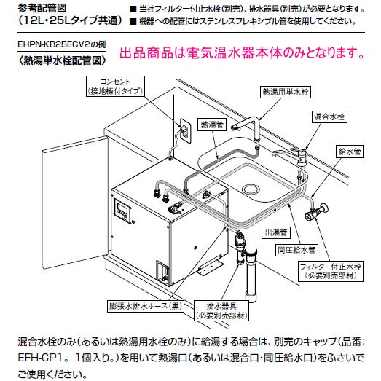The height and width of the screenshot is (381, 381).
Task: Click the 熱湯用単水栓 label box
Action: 284,93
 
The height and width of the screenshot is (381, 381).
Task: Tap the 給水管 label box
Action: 350,152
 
